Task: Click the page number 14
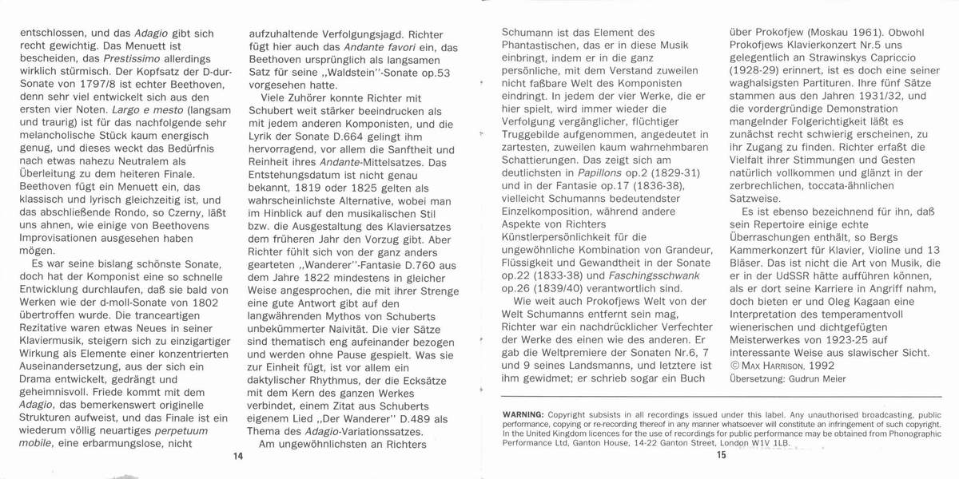tap(237, 456)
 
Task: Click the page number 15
tap(722, 456)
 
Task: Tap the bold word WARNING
tap(523, 415)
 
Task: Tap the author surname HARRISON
tap(787, 365)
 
